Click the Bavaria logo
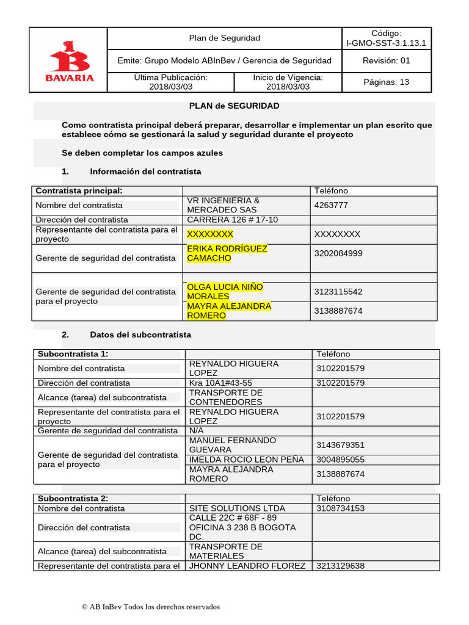click(68, 60)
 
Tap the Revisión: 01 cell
click(386, 60)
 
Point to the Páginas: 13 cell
click(386, 82)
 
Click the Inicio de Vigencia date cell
click(288, 82)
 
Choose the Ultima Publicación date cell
click(170, 82)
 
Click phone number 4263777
click(330, 205)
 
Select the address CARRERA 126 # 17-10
click(232, 220)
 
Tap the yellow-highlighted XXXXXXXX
click(209, 234)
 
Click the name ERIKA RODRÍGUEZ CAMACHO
click(227, 253)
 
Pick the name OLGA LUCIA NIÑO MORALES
click(225, 291)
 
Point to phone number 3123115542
click(338, 292)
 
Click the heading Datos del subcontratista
click(140, 334)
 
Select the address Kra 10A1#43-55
click(220, 383)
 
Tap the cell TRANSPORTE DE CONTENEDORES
click(226, 397)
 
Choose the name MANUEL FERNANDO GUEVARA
click(232, 445)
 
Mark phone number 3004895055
click(340, 460)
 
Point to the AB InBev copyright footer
click(150, 607)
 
